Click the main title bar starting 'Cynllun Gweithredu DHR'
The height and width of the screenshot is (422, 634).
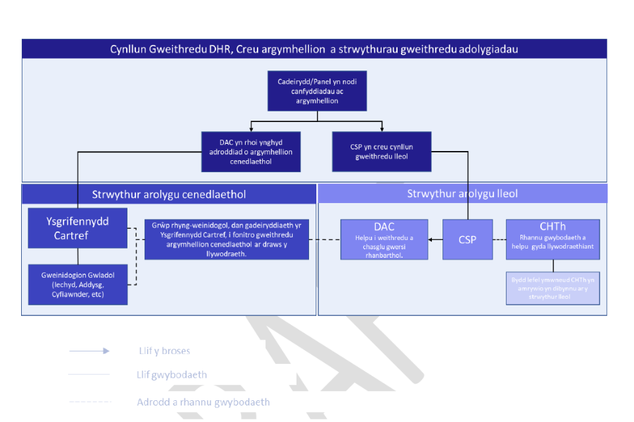[x=314, y=49]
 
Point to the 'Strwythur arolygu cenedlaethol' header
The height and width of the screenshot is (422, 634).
[x=169, y=194]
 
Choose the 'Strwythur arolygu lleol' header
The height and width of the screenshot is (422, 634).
[x=462, y=194]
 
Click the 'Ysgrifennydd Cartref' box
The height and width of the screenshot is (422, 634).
[x=77, y=228]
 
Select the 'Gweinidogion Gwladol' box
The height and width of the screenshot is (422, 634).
[x=77, y=284]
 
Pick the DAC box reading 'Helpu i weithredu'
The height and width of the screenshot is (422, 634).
[x=384, y=239]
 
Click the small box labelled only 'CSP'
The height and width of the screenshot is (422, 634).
[x=468, y=239]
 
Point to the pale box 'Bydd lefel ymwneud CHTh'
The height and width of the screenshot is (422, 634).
[x=553, y=288]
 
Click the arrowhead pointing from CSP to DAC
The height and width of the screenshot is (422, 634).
[x=431, y=239]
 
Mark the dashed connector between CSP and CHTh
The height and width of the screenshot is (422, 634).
[x=499, y=239]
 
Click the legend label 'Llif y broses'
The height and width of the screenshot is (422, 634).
[x=162, y=351]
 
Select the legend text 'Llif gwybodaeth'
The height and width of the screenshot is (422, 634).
[x=172, y=375]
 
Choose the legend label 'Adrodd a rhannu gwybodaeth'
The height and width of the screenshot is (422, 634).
[x=203, y=402]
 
